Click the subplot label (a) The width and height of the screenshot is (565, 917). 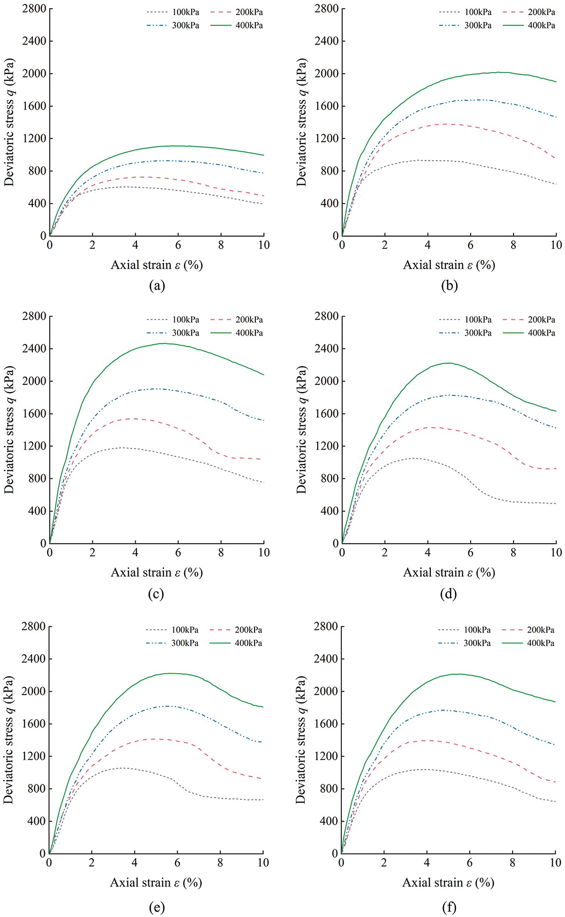click(x=157, y=286)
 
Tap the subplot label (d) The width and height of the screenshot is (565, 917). click(x=448, y=594)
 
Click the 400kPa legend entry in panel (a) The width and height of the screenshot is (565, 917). click(x=249, y=26)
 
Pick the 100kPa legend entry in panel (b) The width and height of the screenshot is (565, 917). click(x=478, y=12)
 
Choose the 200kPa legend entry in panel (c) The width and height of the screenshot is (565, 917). click(x=249, y=320)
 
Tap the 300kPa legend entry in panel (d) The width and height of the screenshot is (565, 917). click(x=478, y=333)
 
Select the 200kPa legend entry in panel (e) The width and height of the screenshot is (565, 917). click(x=248, y=630)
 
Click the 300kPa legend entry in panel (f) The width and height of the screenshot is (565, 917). click(x=477, y=643)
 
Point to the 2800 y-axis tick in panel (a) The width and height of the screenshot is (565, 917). click(x=34, y=9)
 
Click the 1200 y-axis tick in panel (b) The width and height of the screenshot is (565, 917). click(x=326, y=139)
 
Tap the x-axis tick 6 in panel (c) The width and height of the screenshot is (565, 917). click(x=178, y=553)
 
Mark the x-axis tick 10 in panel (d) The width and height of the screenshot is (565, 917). click(x=556, y=553)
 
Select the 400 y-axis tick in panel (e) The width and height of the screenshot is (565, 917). click(x=36, y=821)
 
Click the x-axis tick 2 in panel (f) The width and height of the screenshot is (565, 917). click(x=384, y=863)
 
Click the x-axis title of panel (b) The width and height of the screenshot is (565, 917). click(x=449, y=265)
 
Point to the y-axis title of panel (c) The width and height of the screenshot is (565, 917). click(x=9, y=429)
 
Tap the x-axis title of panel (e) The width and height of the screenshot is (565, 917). click(x=156, y=883)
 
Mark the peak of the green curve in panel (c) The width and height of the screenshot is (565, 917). click(x=165, y=343)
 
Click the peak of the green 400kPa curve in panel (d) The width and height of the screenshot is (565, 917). click(x=448, y=363)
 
